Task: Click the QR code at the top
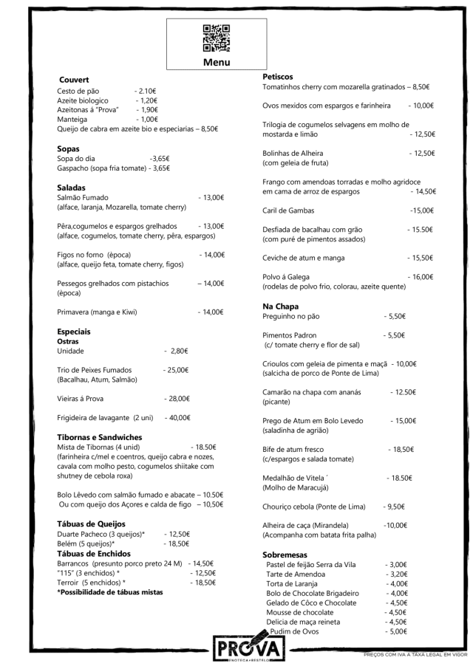coord(216,38)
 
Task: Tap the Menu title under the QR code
coord(217,63)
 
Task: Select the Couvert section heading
coord(74,80)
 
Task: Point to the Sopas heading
coord(68,149)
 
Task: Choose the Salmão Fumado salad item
coord(83,198)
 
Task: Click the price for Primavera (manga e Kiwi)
coord(211,312)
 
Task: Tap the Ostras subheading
coord(68,342)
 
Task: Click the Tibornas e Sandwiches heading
coord(99,438)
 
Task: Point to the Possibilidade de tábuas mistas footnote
coord(110,592)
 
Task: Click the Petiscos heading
coord(278,77)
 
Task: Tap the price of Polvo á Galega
coord(420,277)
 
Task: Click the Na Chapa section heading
coord(280,306)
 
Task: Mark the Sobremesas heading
coord(285,555)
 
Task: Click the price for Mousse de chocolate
coord(396,612)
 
